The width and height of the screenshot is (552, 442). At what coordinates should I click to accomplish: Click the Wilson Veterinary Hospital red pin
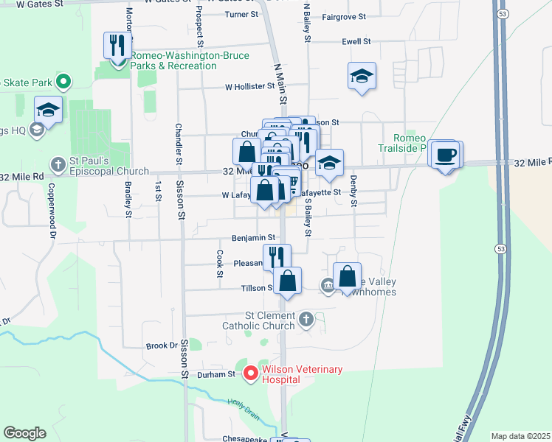pos(250,373)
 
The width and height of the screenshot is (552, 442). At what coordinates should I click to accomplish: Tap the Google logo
pos(24,433)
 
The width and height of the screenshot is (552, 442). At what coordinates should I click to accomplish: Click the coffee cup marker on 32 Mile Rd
pos(446,155)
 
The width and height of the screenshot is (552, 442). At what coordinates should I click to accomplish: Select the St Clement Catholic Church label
pos(259,320)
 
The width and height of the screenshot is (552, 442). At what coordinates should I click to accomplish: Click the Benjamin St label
pos(253,238)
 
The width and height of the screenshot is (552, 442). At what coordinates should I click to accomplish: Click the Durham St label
pos(220,374)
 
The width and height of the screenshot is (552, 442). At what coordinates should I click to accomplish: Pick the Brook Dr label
pos(162,345)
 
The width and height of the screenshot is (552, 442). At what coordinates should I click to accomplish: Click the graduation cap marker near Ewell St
pos(362,76)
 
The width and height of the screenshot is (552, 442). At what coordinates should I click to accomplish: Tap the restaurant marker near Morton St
pos(117,46)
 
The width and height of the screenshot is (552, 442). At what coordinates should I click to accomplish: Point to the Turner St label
pos(242,14)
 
